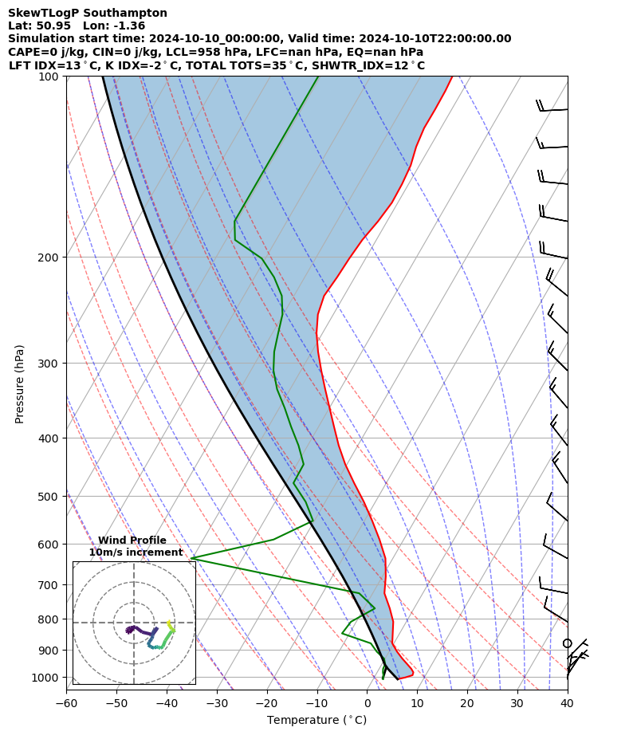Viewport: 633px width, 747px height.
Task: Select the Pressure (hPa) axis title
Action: pos(20,383)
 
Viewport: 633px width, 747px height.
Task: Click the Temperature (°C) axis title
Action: pos(316,721)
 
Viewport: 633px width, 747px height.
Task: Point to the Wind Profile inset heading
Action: pos(132,541)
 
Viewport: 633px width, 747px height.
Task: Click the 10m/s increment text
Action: pos(136,552)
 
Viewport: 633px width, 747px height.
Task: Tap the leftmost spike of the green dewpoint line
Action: pos(192,558)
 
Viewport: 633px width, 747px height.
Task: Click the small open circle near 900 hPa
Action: pos(568,643)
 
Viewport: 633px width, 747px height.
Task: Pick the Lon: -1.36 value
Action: pos(114,26)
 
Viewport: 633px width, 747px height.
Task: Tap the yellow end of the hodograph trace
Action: pos(169,623)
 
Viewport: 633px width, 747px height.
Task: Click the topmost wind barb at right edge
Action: pos(552,108)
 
